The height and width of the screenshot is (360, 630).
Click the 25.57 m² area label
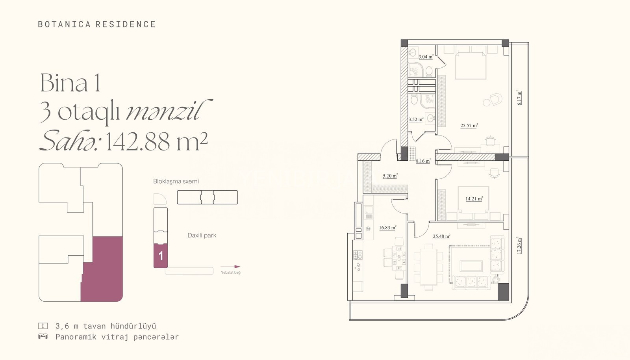tap(469, 125)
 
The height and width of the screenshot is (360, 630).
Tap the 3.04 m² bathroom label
tap(426, 57)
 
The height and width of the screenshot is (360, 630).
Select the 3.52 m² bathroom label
tap(416, 119)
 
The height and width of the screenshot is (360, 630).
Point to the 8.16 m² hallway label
tap(423, 161)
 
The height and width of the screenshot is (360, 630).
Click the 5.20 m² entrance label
tap(390, 176)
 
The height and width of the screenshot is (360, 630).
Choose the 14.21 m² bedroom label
tap(474, 199)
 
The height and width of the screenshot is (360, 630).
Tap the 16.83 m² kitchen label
tap(387, 228)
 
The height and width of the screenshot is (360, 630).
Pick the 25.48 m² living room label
tap(441, 236)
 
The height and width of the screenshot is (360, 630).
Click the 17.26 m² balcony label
tap(519, 245)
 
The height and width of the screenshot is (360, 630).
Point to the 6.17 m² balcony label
tap(519, 98)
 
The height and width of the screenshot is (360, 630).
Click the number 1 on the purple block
tap(161, 256)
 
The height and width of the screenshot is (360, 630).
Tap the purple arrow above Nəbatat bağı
tap(230, 267)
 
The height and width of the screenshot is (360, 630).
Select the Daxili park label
tap(202, 236)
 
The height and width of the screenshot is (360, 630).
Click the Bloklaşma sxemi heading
tap(176, 182)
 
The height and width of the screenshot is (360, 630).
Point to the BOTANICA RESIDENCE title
tap(97, 24)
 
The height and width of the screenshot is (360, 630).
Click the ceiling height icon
tap(43, 326)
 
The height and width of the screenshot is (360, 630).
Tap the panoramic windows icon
tap(43, 337)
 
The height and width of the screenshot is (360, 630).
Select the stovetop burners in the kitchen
tap(358, 255)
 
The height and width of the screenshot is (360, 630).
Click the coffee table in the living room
tap(471, 266)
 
